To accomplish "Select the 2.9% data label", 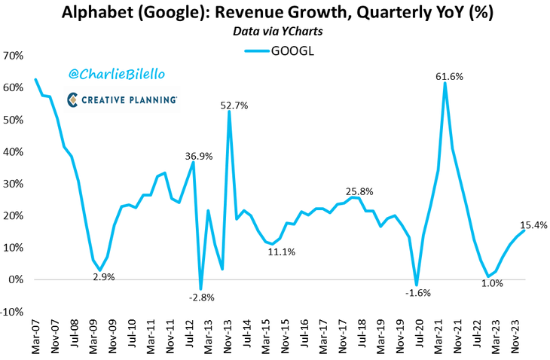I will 104,276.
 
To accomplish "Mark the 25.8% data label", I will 357,191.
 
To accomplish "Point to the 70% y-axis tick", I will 14,56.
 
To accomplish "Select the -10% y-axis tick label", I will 12,312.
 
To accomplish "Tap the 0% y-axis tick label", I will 17,280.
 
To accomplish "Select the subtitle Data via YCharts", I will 274,32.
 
